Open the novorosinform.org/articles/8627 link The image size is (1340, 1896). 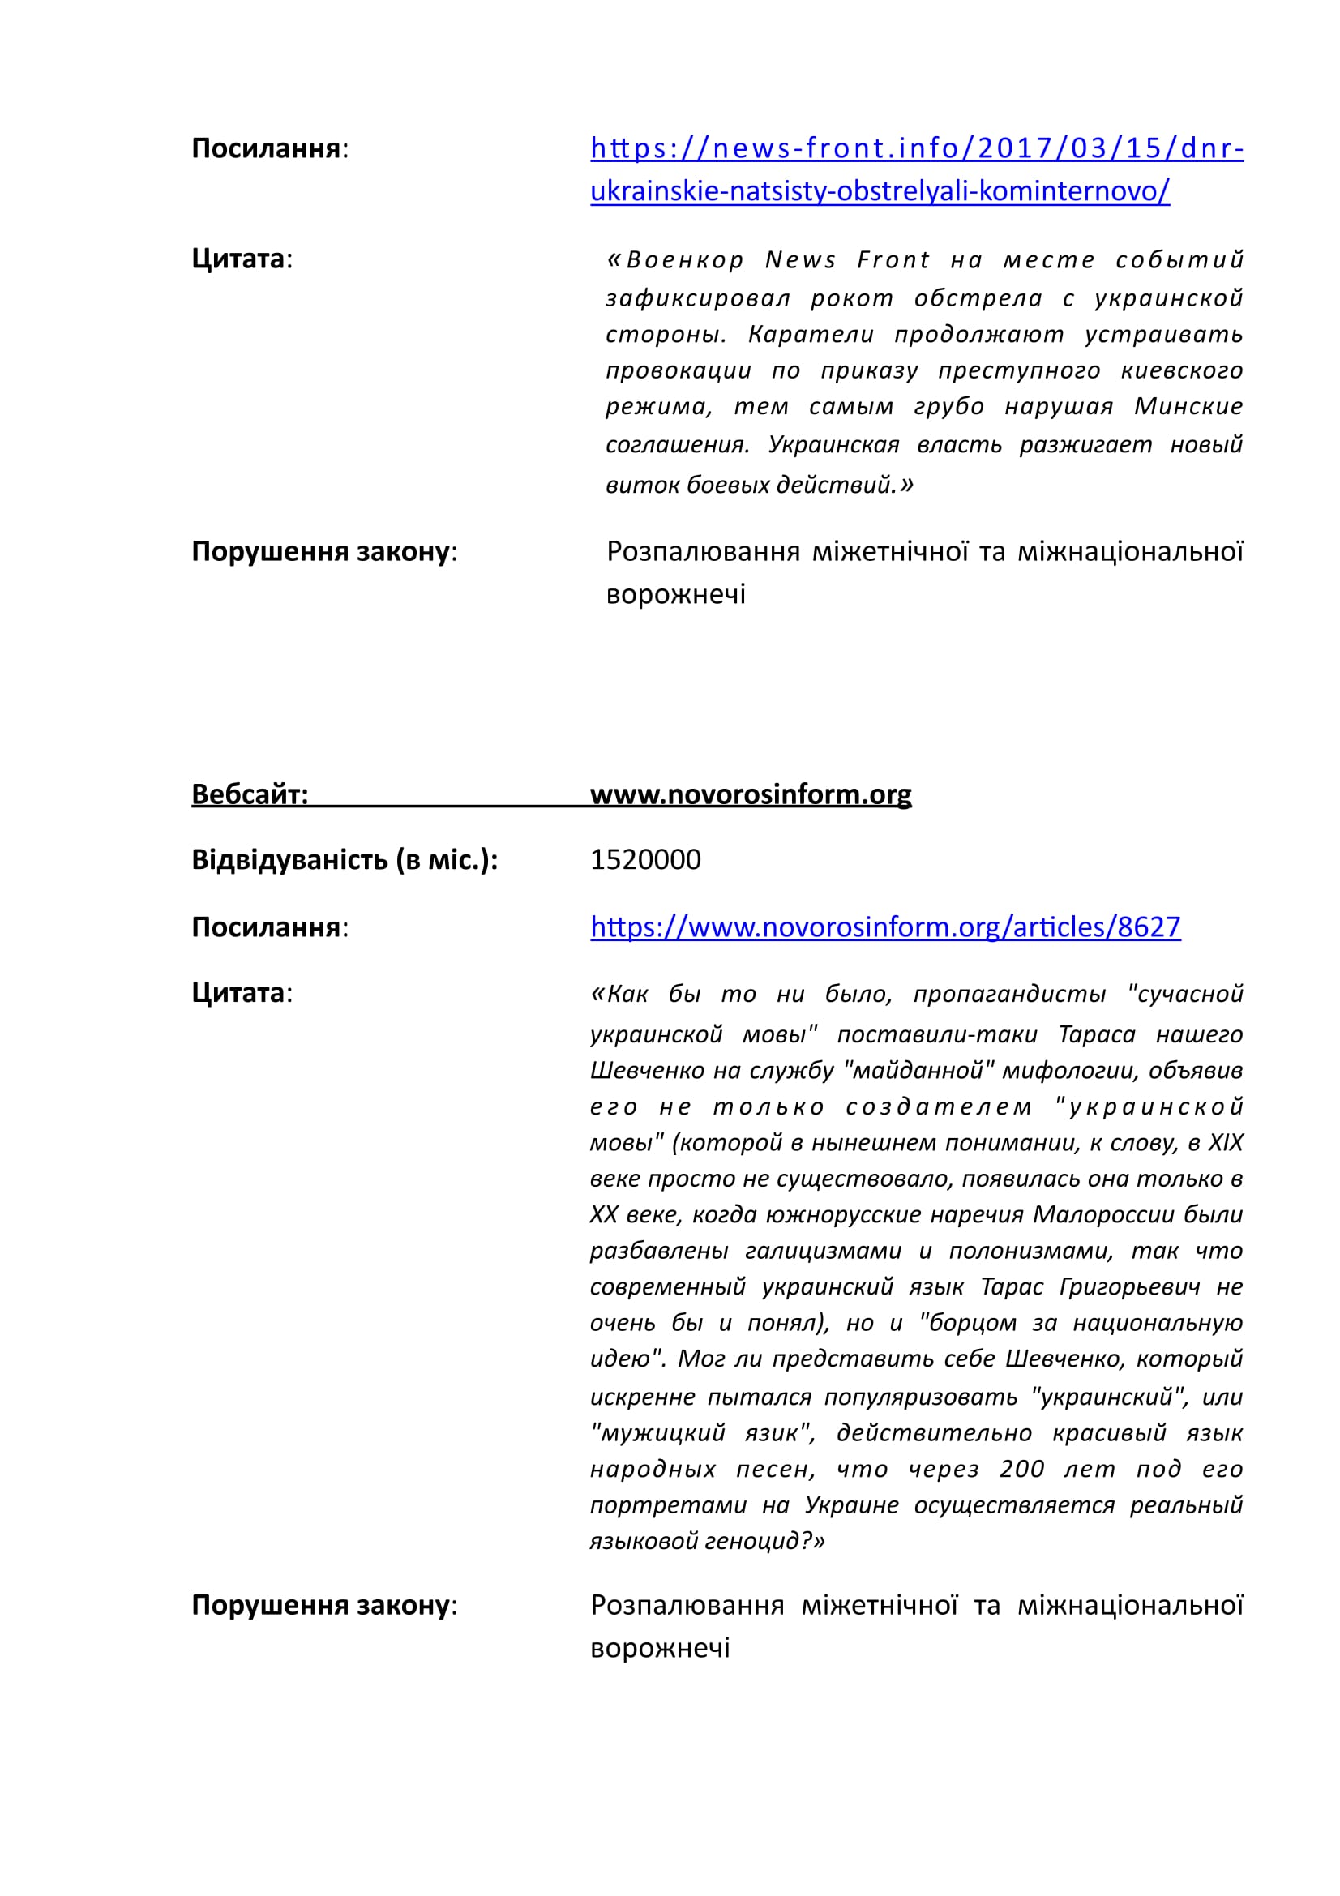885,927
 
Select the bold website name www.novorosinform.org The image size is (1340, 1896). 751,794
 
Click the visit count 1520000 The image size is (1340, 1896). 644,859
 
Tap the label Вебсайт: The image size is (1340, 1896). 250,794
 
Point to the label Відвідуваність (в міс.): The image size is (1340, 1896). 345,859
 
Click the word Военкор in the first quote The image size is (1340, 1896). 684,260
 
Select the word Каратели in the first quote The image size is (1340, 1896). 810,335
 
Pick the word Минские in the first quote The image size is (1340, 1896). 1188,406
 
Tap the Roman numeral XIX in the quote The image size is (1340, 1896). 1225,1143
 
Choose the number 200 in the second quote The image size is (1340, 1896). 1021,1469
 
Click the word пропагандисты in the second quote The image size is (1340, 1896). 1009,995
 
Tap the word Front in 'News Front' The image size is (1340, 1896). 893,260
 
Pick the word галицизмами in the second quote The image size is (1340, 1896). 822,1251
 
